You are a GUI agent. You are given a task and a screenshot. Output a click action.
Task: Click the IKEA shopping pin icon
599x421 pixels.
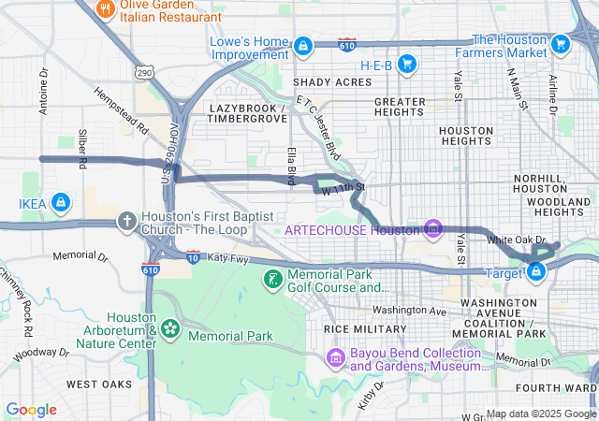[x=60, y=201]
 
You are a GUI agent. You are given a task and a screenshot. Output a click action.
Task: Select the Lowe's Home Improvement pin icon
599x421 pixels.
[x=303, y=45]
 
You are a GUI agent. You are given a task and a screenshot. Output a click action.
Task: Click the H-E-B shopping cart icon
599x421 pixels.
[x=406, y=64]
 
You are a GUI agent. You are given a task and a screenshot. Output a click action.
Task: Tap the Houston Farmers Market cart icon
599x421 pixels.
[x=561, y=44]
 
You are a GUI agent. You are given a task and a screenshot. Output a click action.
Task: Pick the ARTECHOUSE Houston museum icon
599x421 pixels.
[x=432, y=227]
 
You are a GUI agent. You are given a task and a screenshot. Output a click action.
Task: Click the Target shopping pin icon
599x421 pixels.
[x=537, y=271]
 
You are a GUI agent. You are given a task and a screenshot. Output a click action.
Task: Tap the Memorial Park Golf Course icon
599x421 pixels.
[x=271, y=279]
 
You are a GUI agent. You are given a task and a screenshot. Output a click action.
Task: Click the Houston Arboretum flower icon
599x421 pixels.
[x=170, y=327]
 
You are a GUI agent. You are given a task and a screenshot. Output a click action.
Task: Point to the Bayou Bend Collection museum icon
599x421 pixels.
[x=335, y=357]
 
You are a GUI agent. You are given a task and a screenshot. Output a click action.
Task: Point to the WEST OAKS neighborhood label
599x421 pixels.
[x=99, y=385]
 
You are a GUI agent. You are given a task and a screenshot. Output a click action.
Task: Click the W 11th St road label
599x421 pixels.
[x=342, y=191]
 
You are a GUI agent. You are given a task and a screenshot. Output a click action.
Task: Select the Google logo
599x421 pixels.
[x=32, y=409]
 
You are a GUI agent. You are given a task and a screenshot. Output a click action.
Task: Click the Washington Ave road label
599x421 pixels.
[x=410, y=311]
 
